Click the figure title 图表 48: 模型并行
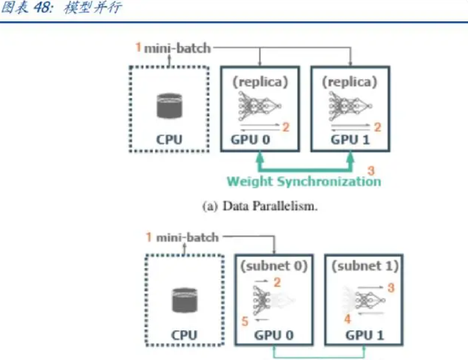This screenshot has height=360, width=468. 61,8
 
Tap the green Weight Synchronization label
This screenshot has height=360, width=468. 304,181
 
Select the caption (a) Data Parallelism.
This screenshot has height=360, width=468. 260,206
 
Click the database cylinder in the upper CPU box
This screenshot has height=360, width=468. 169,106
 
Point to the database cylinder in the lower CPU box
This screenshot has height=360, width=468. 185,300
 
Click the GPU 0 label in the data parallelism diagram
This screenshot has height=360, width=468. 250,140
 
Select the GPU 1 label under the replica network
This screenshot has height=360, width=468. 350,140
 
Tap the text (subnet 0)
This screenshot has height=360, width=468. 274,266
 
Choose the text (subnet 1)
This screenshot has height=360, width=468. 365,266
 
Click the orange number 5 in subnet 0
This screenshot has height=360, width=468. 245,322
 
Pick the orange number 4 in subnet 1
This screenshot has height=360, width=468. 347,319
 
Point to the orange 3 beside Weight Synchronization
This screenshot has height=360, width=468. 371,171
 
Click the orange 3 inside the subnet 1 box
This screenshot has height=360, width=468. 391,288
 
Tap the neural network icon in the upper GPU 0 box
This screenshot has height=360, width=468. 260,106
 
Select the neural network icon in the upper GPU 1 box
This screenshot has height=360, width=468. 350,106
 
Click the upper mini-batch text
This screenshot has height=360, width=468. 177,48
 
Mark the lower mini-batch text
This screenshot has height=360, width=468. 187,237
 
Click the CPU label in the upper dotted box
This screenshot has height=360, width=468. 169,140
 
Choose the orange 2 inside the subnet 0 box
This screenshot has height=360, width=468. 277,283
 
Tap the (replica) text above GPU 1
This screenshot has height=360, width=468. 350,82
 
